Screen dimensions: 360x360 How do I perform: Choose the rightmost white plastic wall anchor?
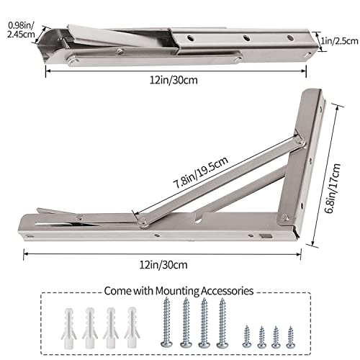(132, 322)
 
